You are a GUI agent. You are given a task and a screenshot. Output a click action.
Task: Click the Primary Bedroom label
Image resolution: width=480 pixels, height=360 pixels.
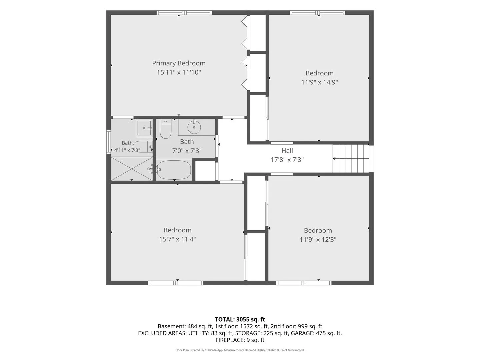tap(179, 63)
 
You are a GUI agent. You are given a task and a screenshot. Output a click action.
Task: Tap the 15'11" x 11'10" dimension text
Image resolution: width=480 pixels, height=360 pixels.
tap(179, 72)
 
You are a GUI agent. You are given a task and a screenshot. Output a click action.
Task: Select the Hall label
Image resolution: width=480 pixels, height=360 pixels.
tap(287, 150)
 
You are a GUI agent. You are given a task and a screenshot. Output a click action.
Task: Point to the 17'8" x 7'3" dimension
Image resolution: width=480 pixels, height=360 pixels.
tap(287, 160)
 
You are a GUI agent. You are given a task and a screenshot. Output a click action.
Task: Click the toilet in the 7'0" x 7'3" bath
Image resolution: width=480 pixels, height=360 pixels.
tap(165, 129)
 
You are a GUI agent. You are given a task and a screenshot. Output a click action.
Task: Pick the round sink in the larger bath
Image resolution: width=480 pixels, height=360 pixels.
tap(194, 127)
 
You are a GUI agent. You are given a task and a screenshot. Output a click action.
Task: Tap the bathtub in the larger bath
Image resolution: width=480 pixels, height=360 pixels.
tap(174, 170)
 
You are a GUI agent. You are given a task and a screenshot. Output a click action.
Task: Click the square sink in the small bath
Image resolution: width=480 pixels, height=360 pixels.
tap(144, 128)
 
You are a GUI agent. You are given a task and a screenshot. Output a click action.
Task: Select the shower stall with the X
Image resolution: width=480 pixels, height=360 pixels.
tap(132, 169)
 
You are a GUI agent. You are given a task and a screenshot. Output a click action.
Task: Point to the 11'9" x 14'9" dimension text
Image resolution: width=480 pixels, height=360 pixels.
tap(319, 82)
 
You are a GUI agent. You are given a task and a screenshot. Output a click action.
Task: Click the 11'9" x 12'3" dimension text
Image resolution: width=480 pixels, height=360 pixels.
tap(318, 240)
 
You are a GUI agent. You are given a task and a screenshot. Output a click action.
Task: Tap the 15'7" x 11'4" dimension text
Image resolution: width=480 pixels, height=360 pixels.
tap(177, 239)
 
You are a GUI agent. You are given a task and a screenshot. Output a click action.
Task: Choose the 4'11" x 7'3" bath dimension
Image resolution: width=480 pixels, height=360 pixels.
tap(127, 150)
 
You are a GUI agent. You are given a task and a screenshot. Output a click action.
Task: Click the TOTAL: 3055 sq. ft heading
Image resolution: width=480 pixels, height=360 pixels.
tap(240, 320)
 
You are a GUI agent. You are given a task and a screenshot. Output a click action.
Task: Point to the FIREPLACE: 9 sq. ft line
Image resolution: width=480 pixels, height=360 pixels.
tap(240, 340)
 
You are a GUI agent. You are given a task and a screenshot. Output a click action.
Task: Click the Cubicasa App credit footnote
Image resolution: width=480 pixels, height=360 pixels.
tap(240, 350)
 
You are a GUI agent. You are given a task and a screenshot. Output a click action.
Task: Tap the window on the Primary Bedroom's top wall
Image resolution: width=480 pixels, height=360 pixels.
tap(184, 13)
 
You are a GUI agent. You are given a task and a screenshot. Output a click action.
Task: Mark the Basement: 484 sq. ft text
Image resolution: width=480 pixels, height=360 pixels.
tap(185, 326)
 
